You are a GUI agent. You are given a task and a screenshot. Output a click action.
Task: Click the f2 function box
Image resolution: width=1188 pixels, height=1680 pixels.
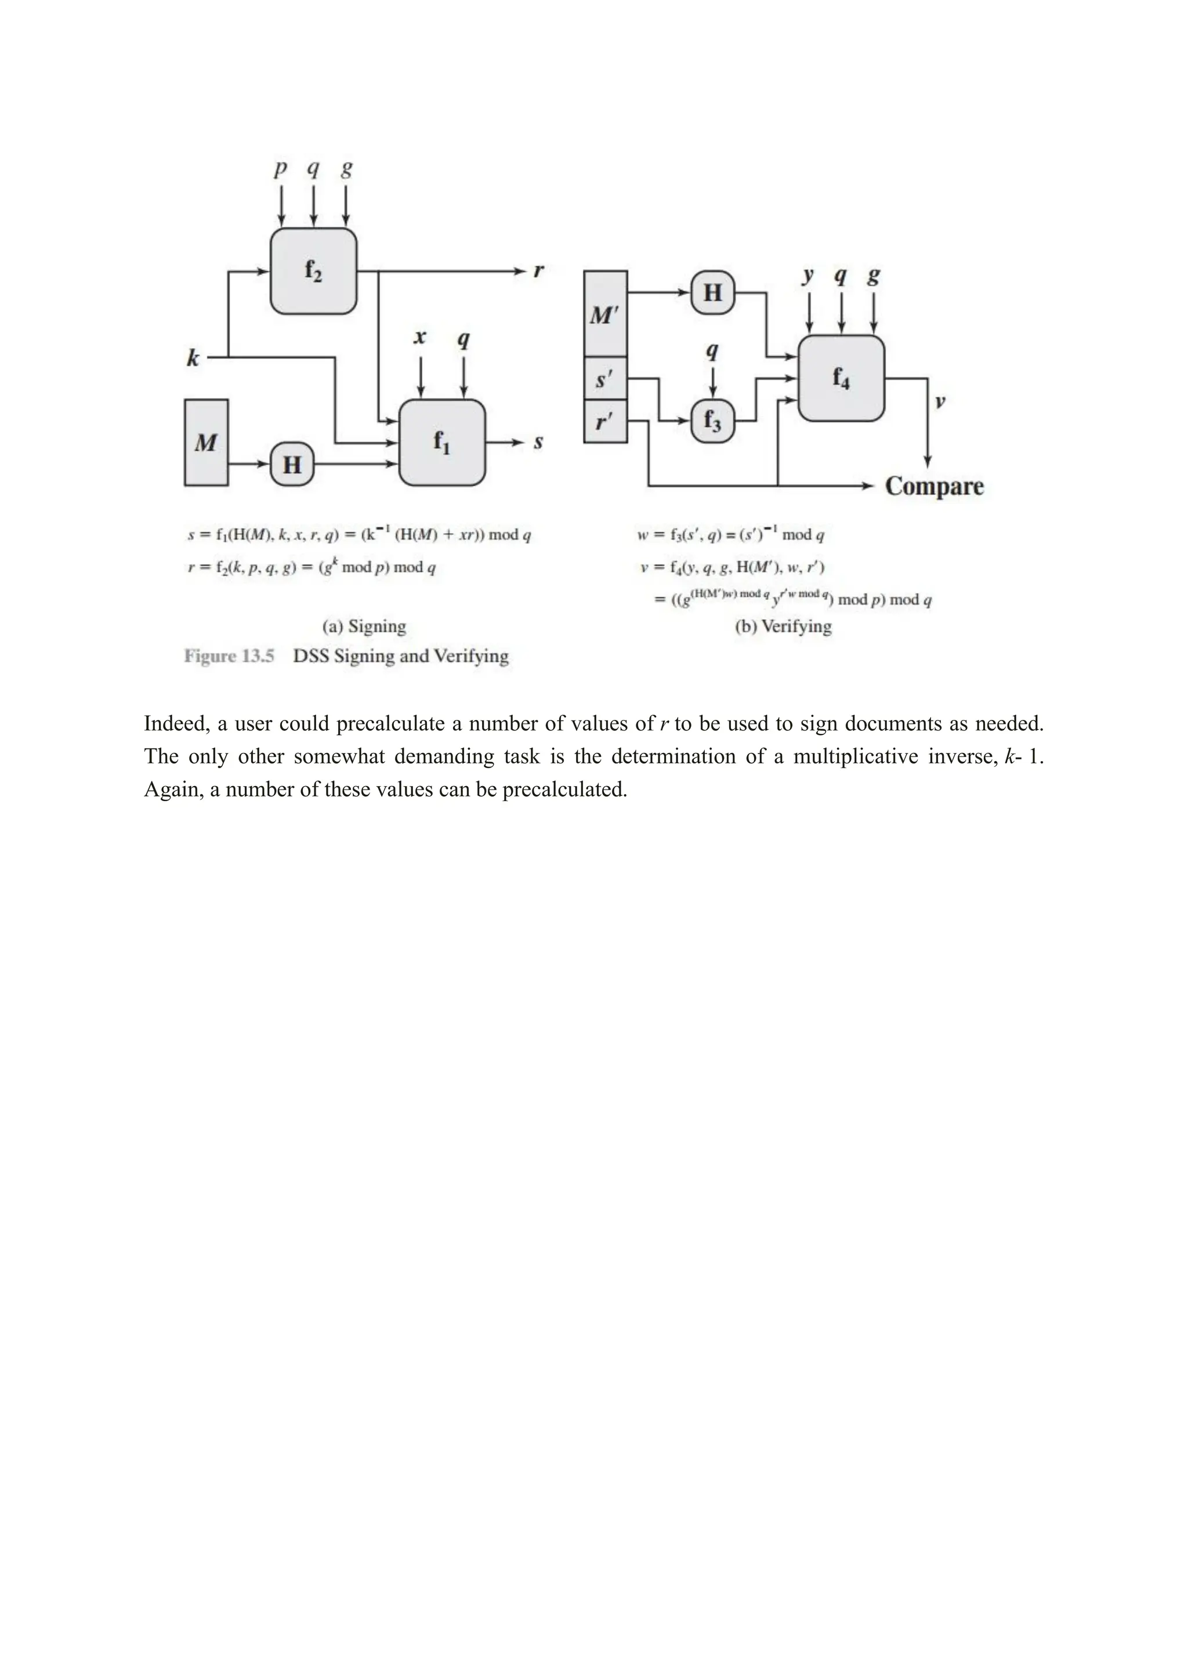coord(313,271)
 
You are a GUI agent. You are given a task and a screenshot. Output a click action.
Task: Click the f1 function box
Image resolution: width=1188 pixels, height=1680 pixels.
coord(442,442)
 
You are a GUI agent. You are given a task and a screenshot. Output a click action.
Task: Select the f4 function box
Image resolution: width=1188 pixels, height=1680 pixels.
coord(841,378)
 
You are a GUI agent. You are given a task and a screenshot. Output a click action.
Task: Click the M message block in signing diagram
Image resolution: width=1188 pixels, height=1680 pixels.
coord(207,442)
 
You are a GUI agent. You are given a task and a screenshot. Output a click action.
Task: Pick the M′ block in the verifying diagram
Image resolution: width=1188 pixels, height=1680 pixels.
coord(605,314)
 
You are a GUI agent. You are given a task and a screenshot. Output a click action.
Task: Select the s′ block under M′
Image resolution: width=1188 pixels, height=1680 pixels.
coord(605,379)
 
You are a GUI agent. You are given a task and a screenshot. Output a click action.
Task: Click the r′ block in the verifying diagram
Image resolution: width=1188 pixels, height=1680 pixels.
coord(605,422)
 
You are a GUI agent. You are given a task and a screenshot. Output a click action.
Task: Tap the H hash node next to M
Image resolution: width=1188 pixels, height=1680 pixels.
coord(292,464)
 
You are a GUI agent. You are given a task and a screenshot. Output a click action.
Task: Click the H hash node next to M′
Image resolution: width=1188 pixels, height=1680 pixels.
coord(712,293)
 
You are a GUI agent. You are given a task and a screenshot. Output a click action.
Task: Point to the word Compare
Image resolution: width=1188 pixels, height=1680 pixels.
coord(934,486)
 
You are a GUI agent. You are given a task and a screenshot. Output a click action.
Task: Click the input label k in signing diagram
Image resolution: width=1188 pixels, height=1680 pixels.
coord(193,358)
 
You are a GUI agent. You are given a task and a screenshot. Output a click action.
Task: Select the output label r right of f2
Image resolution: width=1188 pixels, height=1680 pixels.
coord(539,271)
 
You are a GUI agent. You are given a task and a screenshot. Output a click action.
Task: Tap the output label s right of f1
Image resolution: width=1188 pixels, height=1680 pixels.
coord(538,442)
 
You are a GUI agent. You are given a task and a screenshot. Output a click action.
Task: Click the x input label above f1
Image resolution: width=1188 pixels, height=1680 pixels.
coord(420,337)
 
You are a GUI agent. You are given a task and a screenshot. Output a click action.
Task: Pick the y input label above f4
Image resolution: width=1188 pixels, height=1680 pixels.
coord(808,277)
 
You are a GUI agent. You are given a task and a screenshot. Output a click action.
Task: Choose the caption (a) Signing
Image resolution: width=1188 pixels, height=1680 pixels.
coord(364,627)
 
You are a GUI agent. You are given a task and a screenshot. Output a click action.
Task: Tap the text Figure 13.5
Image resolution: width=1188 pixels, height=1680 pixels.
coord(229,656)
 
